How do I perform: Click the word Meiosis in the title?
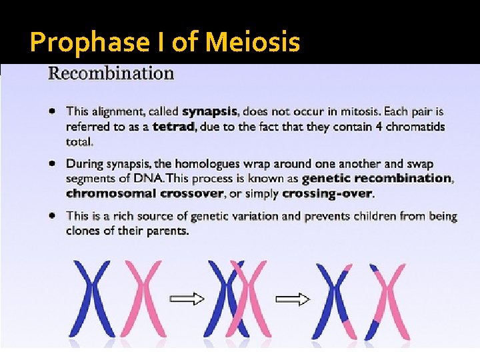[x=253, y=43]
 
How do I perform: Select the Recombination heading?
[x=111, y=73]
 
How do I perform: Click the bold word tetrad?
[x=173, y=127]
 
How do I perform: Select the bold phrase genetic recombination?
[x=377, y=178]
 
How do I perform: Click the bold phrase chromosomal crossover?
[x=145, y=193]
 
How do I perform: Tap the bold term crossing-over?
[x=327, y=193]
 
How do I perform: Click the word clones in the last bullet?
[x=83, y=231]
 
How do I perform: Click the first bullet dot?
[x=52, y=111]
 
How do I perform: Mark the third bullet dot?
[x=52, y=215]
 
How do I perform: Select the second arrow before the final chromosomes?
[x=293, y=298]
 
